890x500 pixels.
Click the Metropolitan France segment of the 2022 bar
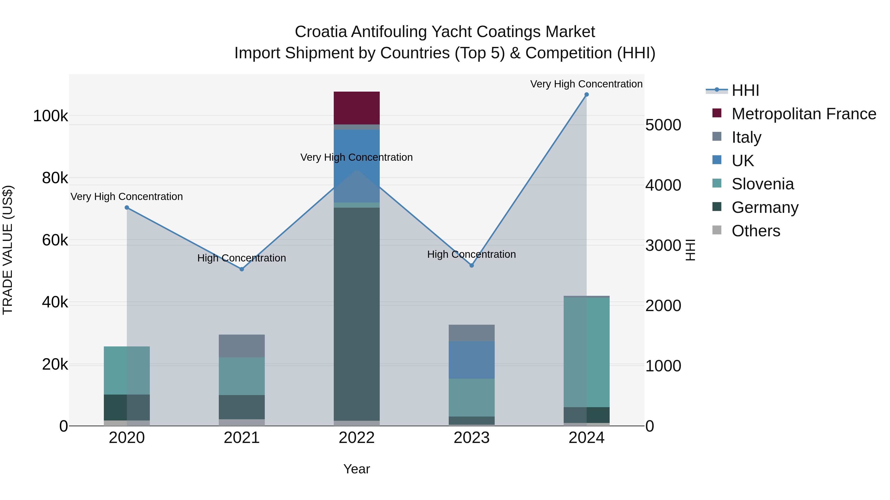(356, 108)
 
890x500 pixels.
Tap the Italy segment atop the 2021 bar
(242, 346)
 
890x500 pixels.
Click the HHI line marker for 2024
(586, 95)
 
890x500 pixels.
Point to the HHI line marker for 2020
(127, 207)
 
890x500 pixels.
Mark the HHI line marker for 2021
(242, 269)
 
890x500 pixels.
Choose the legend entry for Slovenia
(762, 184)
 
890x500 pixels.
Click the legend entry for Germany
(765, 207)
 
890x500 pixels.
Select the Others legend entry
(756, 231)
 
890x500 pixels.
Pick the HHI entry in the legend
(745, 90)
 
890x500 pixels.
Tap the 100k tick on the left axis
(50, 116)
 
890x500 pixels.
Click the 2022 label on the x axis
(356, 438)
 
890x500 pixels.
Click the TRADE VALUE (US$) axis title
(8, 250)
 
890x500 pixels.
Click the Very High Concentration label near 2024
(586, 84)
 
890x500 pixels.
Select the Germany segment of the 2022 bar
(356, 314)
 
